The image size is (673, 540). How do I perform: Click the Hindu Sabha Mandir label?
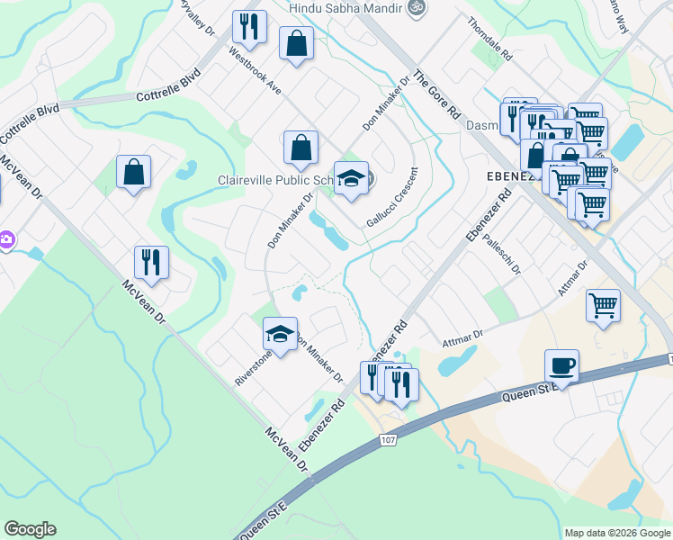[x=344, y=7]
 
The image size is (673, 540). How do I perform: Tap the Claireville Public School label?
[x=275, y=180]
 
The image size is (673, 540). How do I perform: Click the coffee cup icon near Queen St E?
[x=561, y=364]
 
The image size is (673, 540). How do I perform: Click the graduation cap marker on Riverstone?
[x=280, y=334]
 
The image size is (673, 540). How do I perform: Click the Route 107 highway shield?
[x=388, y=439]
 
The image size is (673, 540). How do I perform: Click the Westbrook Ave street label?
[x=256, y=72]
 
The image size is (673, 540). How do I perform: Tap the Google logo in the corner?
[x=30, y=529]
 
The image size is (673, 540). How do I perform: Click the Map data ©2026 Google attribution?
[x=616, y=533]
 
